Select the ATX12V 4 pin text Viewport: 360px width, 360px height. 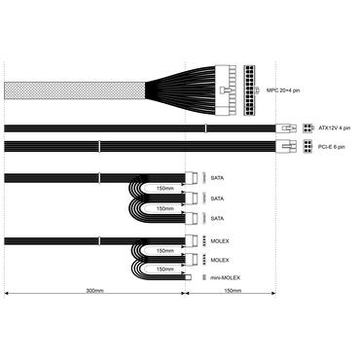pyautogui.click(x=332, y=126)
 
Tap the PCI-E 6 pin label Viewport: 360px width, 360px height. pyautogui.click(x=331, y=148)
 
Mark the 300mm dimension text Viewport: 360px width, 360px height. pyautogui.click(x=94, y=291)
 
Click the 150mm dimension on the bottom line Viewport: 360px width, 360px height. pyautogui.click(x=234, y=291)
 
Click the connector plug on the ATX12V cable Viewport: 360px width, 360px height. pyautogui.click(x=288, y=127)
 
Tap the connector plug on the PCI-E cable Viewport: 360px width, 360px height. pyautogui.click(x=288, y=148)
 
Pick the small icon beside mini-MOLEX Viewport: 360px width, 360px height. pyautogui.click(x=203, y=278)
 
